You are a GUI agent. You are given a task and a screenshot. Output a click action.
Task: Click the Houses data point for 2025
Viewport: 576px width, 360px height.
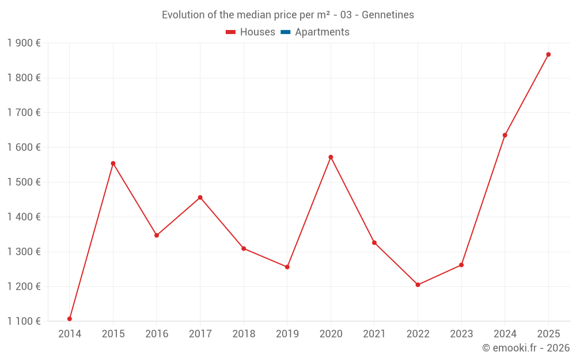coord(548,55)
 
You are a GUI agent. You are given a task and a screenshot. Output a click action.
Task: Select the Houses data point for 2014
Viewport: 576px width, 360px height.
coord(70,319)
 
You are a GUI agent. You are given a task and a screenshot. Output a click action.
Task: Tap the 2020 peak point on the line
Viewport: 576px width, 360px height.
coord(331,157)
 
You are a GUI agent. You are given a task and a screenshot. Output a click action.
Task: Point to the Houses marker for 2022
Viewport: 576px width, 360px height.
coord(418,285)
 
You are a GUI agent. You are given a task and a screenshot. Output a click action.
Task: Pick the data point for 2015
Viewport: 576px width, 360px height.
coord(113,164)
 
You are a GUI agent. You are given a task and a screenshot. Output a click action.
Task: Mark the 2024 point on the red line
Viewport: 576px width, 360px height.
coord(505,135)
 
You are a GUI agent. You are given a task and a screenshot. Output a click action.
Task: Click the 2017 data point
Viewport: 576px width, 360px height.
coord(200,198)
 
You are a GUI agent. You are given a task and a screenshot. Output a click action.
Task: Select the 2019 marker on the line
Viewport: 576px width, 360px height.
coord(287,267)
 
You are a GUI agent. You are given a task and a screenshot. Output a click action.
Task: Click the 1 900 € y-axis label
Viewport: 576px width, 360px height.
coord(24,43)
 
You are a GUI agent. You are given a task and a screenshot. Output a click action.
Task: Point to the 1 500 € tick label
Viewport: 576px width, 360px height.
coord(24,182)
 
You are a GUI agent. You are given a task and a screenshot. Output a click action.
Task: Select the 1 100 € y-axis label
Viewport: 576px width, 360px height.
coord(24,321)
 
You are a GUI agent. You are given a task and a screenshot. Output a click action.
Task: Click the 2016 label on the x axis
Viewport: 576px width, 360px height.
coord(157,334)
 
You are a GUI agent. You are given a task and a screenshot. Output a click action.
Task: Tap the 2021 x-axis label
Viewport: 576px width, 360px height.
coord(374,334)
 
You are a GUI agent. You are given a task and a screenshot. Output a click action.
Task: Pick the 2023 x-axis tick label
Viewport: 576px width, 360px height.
coord(461,334)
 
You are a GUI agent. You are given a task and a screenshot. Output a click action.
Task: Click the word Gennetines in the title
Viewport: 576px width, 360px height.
coord(388,15)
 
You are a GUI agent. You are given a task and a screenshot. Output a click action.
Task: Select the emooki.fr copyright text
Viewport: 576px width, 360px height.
coord(526,348)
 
